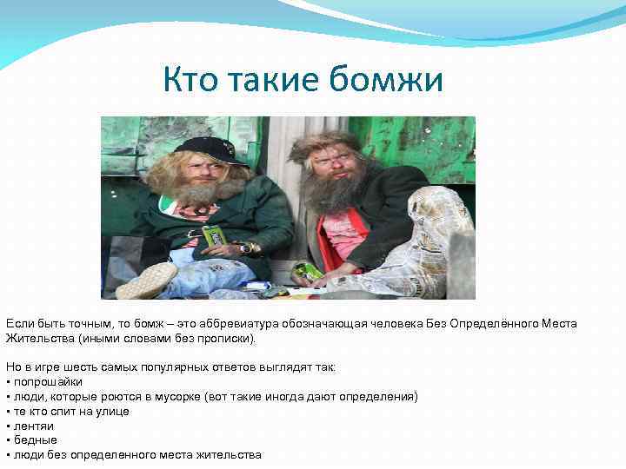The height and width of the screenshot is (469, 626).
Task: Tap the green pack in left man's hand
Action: pyautogui.click(x=213, y=234)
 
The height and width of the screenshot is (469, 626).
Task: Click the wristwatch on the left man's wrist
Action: pyautogui.click(x=246, y=248)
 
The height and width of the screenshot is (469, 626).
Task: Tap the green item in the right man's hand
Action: pyautogui.click(x=307, y=271)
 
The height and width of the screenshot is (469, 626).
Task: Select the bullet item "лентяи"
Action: pyautogui.click(x=32, y=426)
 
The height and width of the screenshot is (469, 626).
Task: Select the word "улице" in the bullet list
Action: pyautogui.click(x=112, y=411)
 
